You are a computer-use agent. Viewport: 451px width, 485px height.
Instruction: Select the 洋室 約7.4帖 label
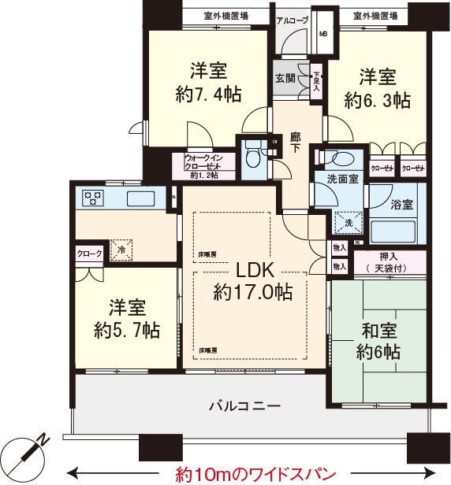pos(208,83)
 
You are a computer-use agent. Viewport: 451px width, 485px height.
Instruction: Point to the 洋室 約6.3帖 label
pos(378,89)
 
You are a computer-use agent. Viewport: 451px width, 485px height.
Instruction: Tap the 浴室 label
pos(401,204)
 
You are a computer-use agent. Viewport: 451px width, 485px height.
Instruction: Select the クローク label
pos(89,254)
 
